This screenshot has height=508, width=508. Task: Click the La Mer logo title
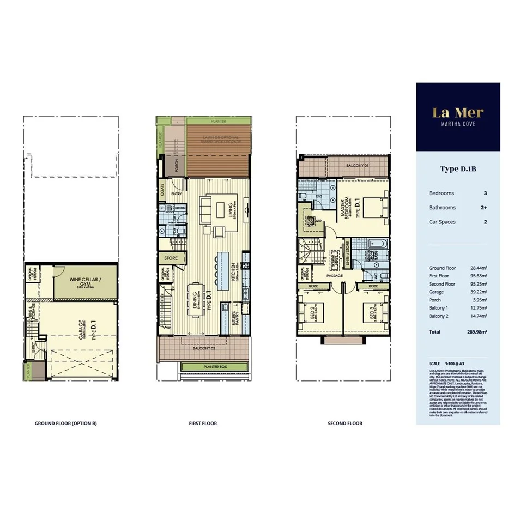[458, 112]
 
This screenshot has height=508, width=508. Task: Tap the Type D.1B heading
[458, 169]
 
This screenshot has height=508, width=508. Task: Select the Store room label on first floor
[171, 258]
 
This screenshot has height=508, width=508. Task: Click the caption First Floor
[203, 424]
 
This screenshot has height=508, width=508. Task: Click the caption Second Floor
[344, 424]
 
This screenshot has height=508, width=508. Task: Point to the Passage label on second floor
[335, 276]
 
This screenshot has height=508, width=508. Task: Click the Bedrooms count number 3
[485, 193]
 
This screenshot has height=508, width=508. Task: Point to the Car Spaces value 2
[485, 222]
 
